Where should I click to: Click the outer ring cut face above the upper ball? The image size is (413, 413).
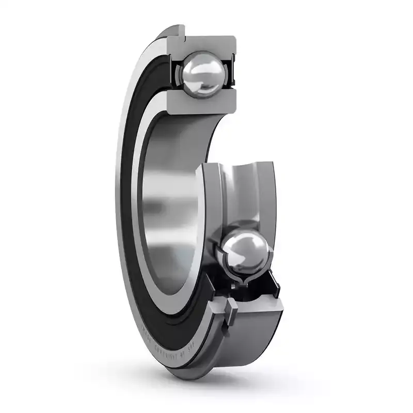point(206,44)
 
